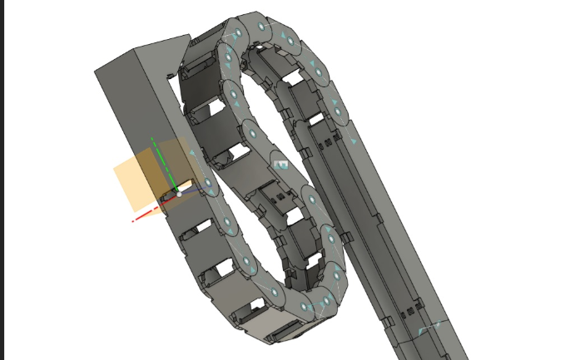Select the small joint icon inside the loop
(281, 165)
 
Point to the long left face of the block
(125, 125)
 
